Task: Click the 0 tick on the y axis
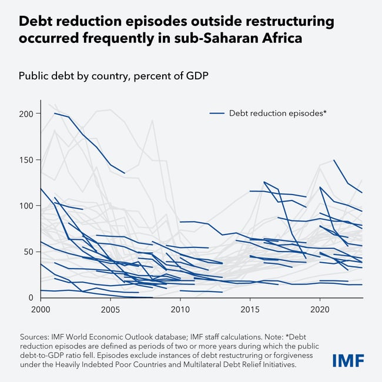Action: [x=30, y=298]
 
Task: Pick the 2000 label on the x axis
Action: [x=41, y=309]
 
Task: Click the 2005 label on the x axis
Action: [x=110, y=309]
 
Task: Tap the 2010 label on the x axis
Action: [x=180, y=309]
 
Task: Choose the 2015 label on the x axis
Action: [x=250, y=309]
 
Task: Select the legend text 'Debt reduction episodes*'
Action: [x=277, y=113]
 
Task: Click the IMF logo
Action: [x=348, y=360]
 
